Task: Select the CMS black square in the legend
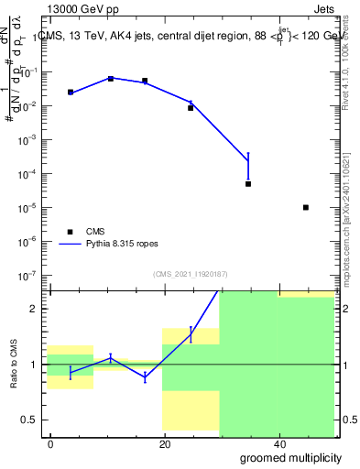pos(70,232)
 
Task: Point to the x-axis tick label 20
pos(164,444)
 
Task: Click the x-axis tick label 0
pos(50,444)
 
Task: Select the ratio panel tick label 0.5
pos(33,420)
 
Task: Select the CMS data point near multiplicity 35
pos(248,184)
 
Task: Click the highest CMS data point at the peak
pos(111,79)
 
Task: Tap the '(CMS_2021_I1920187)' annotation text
pos(191,273)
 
